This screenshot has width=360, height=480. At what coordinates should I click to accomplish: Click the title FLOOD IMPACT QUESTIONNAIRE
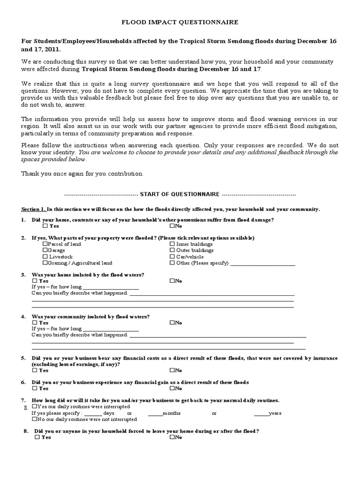[x=180, y=22]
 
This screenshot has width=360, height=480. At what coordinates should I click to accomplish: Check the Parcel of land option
[x=45, y=244]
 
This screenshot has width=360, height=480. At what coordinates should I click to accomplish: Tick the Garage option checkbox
[x=45, y=250]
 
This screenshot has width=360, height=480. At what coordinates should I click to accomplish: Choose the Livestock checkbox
[x=45, y=257]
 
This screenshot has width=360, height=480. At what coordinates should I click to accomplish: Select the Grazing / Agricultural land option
[x=45, y=263]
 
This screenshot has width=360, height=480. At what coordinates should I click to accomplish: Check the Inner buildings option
[x=172, y=244]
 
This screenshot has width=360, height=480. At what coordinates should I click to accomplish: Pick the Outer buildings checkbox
[x=172, y=250]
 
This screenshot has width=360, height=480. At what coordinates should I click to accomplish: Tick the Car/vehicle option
[x=172, y=257]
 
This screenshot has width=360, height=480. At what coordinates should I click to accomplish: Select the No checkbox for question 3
[x=172, y=281]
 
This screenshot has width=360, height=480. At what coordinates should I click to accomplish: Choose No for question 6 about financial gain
[x=172, y=389]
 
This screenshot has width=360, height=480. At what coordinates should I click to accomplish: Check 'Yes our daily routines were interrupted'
[x=34, y=407]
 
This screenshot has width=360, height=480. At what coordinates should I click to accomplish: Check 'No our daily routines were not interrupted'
[x=34, y=420]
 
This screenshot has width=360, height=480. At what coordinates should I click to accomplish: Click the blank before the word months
[x=155, y=414]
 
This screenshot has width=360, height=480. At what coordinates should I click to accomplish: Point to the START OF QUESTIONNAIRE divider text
[x=180, y=194]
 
